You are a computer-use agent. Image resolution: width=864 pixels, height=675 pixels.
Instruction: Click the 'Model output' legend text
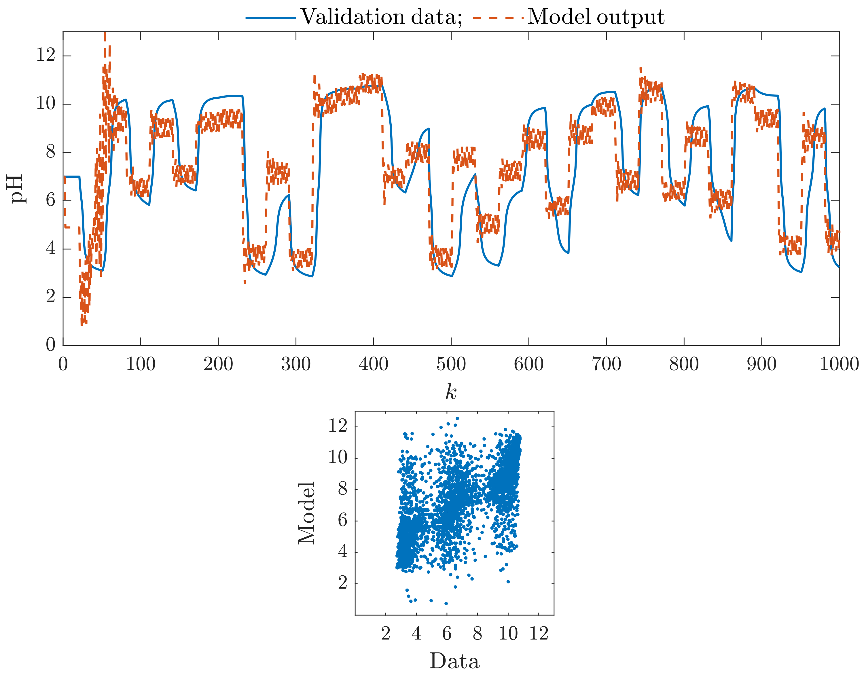point(596,17)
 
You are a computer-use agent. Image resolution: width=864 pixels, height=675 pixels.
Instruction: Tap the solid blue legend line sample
point(271,18)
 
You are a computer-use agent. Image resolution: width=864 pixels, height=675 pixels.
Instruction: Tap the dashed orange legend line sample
point(499,18)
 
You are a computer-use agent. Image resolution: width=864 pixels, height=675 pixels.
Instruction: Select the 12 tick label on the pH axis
point(46,55)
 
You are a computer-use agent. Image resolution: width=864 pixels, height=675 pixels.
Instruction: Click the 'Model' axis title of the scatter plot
point(307,513)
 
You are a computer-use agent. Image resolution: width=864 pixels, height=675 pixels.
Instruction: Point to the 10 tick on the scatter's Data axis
point(508,634)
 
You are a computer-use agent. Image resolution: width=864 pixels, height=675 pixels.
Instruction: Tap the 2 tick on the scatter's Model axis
point(343,583)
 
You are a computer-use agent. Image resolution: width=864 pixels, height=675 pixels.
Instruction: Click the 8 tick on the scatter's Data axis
point(477,634)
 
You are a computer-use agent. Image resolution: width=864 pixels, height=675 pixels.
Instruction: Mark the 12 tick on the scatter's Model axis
point(338,426)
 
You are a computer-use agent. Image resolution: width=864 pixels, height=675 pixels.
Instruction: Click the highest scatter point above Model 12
point(457,418)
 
